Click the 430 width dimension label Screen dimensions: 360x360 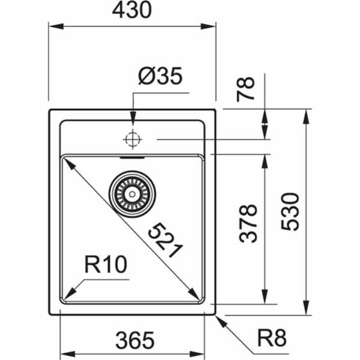132,11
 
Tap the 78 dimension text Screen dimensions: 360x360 247,88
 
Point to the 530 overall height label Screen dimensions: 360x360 290,211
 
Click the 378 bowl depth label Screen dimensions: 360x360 248,223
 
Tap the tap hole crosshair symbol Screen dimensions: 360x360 132,139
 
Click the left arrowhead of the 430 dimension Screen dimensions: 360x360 53,26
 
